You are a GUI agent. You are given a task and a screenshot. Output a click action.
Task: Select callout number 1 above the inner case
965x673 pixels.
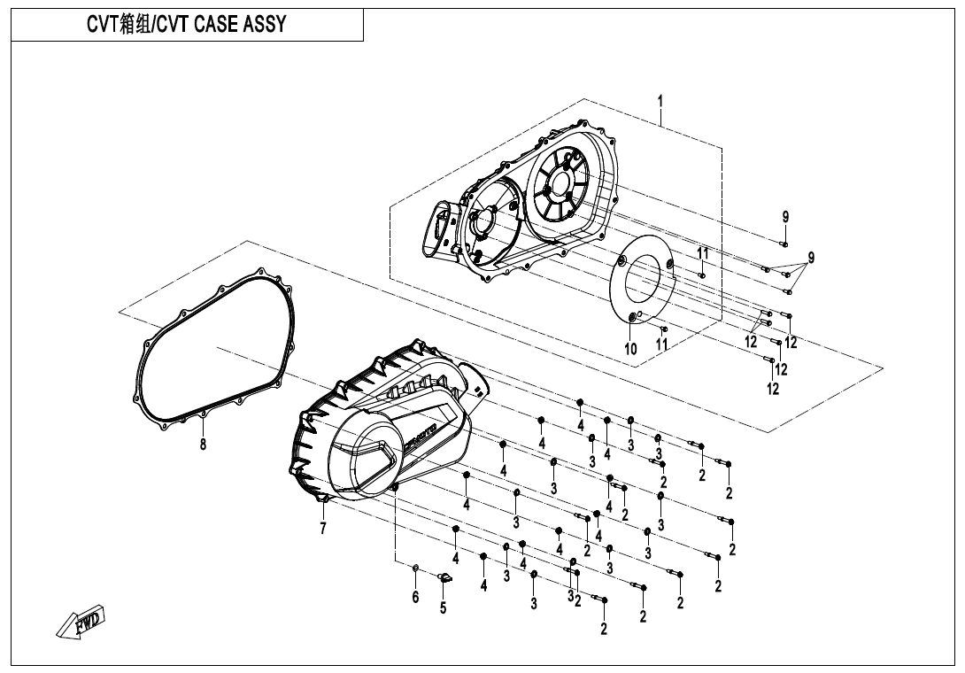coord(660,101)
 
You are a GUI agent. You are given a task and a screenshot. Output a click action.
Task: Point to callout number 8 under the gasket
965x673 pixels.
coord(203,445)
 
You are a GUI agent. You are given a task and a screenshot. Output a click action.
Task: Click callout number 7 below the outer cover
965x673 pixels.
coord(324,530)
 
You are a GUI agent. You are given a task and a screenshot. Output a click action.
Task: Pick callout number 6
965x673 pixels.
coord(415,598)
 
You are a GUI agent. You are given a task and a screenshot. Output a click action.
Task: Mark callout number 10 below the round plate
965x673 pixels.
coord(630,349)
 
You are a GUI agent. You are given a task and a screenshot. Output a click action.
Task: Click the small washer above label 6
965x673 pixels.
coord(416,568)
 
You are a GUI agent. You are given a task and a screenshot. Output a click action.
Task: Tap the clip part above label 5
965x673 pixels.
coord(446,577)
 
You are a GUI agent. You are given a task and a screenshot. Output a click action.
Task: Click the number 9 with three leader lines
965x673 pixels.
coord(811,258)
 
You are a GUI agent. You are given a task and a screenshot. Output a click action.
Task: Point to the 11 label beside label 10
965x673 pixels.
coord(661,344)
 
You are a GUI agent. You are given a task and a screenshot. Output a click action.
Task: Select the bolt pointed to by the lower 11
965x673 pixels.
coord(664,329)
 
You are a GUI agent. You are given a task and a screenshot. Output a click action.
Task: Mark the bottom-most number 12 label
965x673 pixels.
coord(773,389)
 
